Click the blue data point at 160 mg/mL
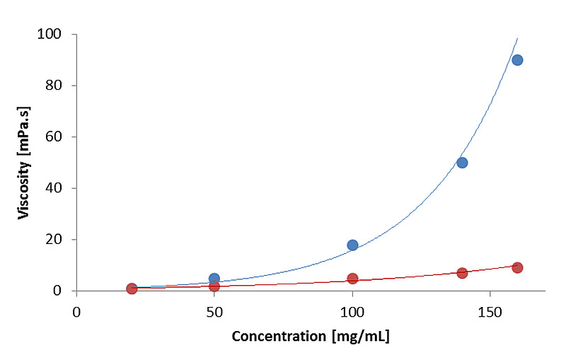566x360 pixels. pos(517,60)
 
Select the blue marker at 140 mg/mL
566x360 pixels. pos(462,163)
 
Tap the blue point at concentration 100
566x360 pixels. pos(352,245)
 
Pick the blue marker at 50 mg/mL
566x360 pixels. pos(214,279)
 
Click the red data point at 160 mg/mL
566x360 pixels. pos(517,267)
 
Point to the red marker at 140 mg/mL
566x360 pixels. pos(462,273)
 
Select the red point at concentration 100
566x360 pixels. pos(352,279)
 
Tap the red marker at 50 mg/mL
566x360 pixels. pos(214,286)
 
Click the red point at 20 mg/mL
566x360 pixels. pos(132,289)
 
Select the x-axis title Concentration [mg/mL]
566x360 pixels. pos(311,337)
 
